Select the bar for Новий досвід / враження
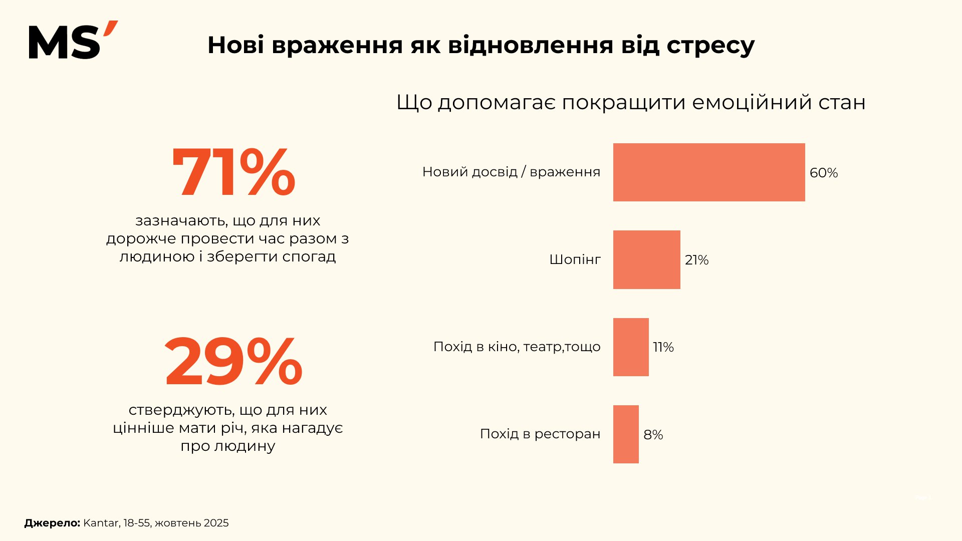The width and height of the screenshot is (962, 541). pos(708,172)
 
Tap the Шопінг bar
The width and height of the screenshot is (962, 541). pos(646,259)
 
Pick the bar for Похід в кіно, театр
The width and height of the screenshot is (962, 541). pos(631,347)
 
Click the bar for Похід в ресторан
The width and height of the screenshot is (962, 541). pos(626,434)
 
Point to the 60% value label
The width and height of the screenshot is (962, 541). pos(824,173)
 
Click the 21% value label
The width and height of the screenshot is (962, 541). pos(696,260)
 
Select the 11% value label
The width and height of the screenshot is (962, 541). pos(663,347)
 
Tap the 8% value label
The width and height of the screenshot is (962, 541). pos(653,435)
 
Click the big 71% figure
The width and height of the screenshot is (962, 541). pos(233,173)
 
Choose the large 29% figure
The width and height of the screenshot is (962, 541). pos(233,362)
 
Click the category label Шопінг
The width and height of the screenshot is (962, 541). pos(575,259)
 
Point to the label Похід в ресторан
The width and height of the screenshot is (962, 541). pos(540,434)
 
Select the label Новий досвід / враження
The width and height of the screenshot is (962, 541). pos(511,172)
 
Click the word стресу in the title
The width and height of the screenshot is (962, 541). pos(710,46)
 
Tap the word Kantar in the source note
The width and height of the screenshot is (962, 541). pos(101,523)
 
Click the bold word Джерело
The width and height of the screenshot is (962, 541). pos(52,523)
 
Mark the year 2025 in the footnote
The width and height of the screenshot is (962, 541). pos(216,523)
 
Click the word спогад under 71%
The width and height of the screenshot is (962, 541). pos(309,256)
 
